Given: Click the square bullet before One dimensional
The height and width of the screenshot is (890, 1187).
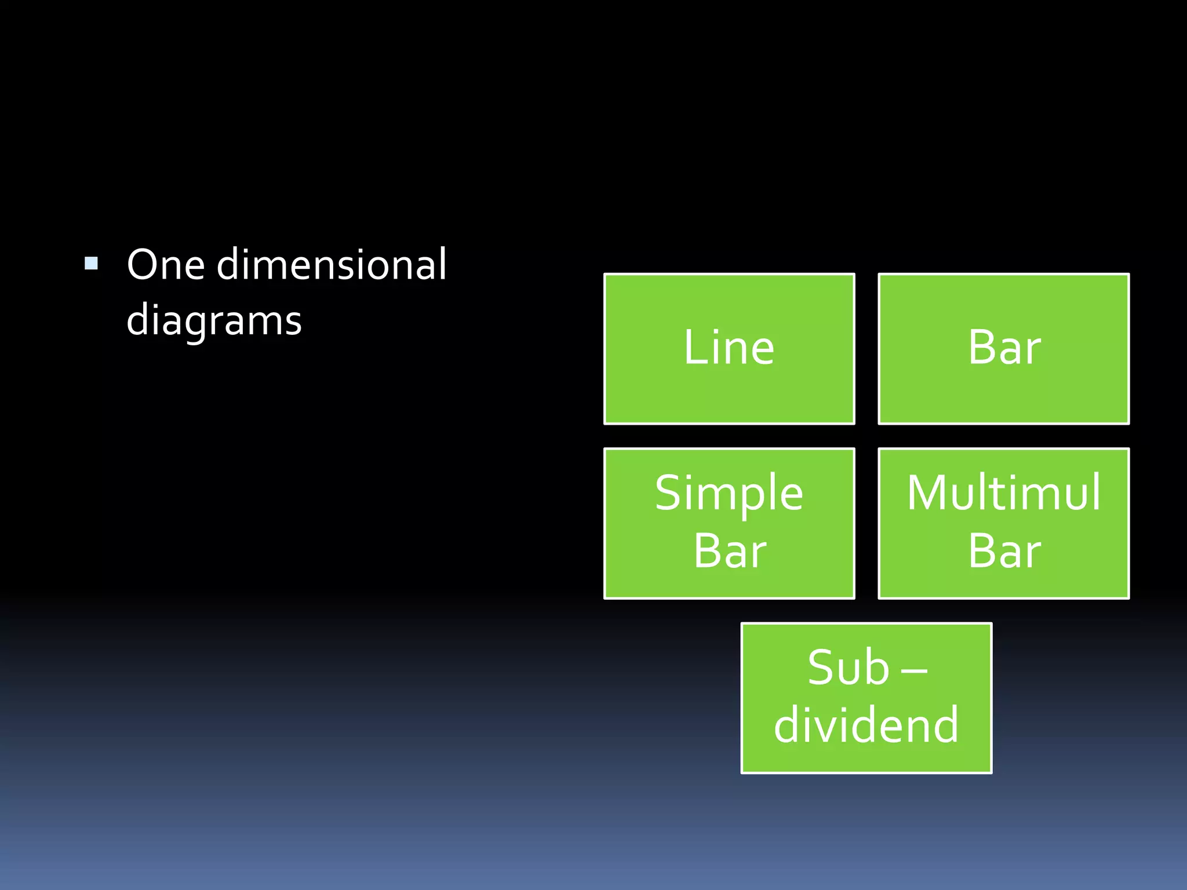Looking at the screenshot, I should coord(91,264).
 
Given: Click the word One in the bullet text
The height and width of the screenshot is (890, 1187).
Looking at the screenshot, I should coord(166,265).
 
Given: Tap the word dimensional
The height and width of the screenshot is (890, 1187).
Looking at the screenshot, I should coord(332,264).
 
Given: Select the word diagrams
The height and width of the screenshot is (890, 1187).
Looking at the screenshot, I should coord(214,321).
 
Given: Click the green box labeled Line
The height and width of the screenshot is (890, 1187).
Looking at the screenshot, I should coord(729,394).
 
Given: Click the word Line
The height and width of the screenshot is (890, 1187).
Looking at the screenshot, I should coord(729,348).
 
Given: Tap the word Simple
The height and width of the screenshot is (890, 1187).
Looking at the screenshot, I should coord(729,494).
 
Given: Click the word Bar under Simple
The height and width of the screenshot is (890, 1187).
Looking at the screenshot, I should coord(730,552).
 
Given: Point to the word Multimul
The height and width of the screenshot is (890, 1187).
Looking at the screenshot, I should coord(1004,493).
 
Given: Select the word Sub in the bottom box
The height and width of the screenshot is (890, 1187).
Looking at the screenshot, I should coord(848,668).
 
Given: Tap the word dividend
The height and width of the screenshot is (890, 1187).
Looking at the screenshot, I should coord(866,725).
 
